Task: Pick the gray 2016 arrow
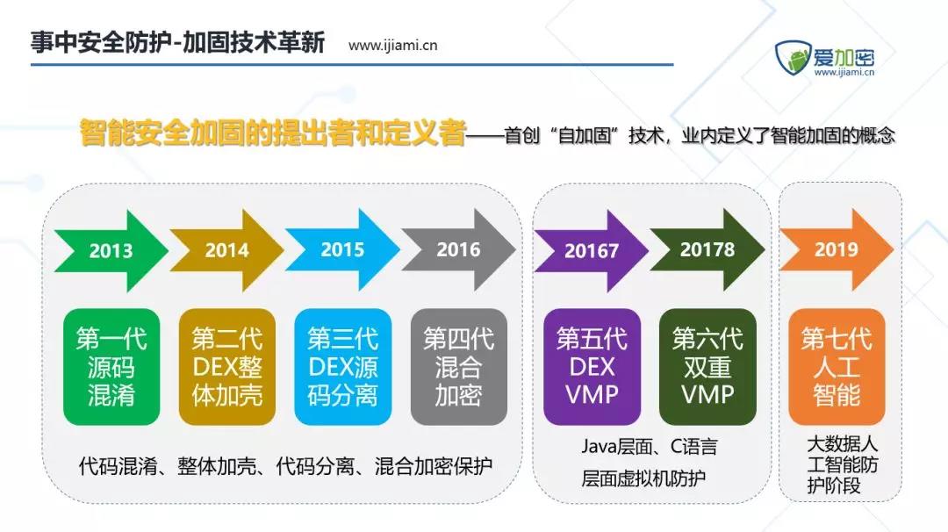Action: point(458,249)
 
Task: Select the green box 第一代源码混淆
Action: point(111,366)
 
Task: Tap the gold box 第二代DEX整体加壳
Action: point(227,366)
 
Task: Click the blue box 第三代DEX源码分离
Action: point(343,366)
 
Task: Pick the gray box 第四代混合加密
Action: point(459,366)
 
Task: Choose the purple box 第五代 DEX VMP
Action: point(592,366)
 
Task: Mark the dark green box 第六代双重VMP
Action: point(708,366)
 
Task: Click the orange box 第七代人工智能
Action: point(837,366)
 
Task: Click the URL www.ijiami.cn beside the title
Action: point(393,46)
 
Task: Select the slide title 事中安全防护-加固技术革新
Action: point(177,42)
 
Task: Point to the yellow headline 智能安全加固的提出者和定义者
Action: point(273,133)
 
